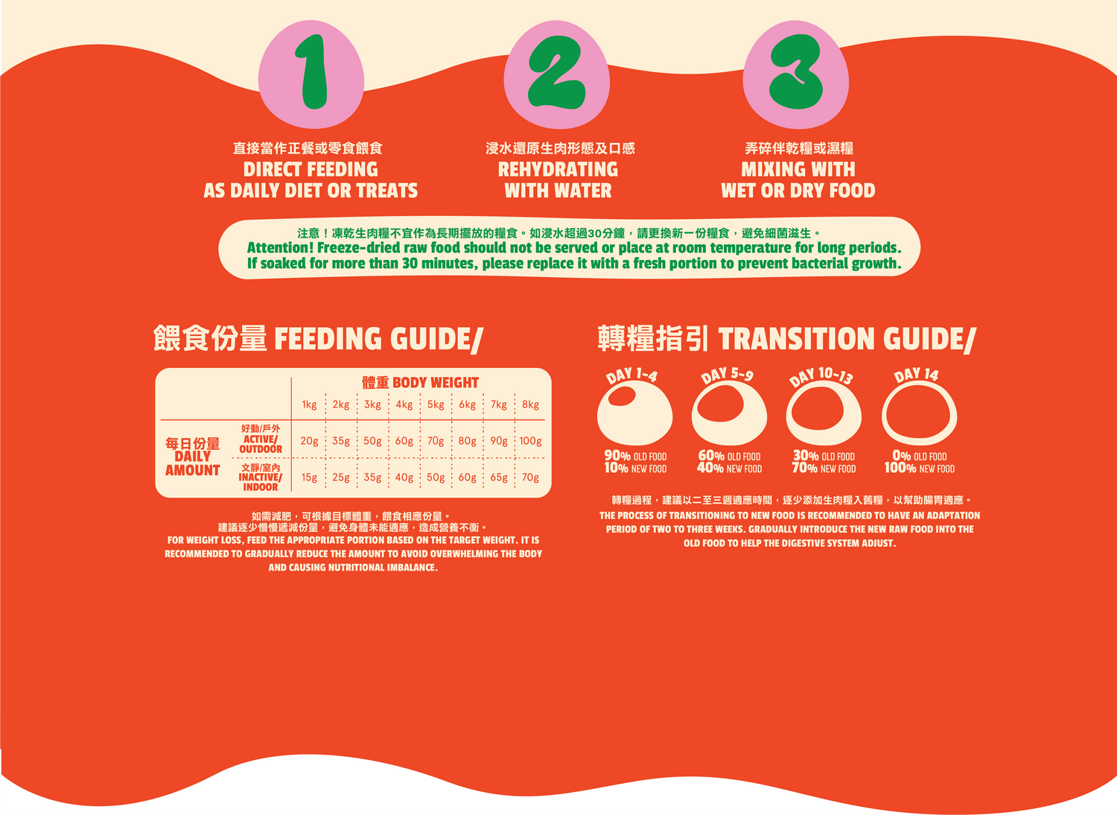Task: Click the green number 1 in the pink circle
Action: pyautogui.click(x=313, y=72)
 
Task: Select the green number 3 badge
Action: pyautogui.click(x=796, y=72)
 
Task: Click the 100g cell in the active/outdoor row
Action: pyautogui.click(x=530, y=441)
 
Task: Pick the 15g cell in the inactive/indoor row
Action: pyautogui.click(x=309, y=478)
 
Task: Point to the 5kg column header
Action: pyautogui.click(x=436, y=405)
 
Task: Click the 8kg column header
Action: pyautogui.click(x=530, y=405)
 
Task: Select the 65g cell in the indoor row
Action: pyautogui.click(x=499, y=478)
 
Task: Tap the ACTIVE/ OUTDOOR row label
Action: pyautogui.click(x=261, y=444)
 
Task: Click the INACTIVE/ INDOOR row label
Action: pyautogui.click(x=261, y=482)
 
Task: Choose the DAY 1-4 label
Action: pyautogui.click(x=631, y=375)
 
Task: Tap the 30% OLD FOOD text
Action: pyautogui.click(x=824, y=456)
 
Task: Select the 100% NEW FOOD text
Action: pyautogui.click(x=920, y=469)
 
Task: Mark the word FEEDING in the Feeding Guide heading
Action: pyautogui.click(x=328, y=338)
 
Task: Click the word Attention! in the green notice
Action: pyautogui.click(x=280, y=248)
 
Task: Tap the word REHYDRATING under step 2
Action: pyautogui.click(x=558, y=170)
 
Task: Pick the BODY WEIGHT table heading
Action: pyautogui.click(x=436, y=383)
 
